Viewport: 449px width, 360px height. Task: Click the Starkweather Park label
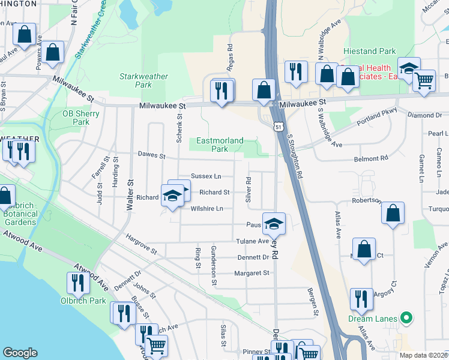pos(143,80)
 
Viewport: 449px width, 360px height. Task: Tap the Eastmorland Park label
pos(220,145)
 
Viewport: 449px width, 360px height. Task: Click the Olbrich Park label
pos(83,301)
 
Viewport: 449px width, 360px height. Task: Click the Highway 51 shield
pos(277,125)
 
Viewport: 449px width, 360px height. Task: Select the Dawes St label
pos(152,155)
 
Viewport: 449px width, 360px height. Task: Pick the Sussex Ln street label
pos(206,176)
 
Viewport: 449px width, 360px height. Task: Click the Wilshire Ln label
pos(206,209)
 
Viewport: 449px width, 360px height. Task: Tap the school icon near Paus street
pos(274,223)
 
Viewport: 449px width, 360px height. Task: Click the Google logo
pos(20,353)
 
